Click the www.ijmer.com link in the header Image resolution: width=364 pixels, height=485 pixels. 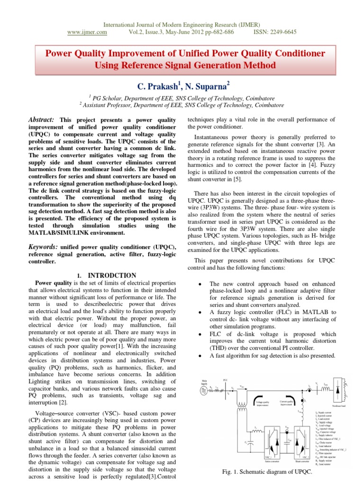click(x=88, y=32)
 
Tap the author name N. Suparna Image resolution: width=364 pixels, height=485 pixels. click(x=205, y=86)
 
